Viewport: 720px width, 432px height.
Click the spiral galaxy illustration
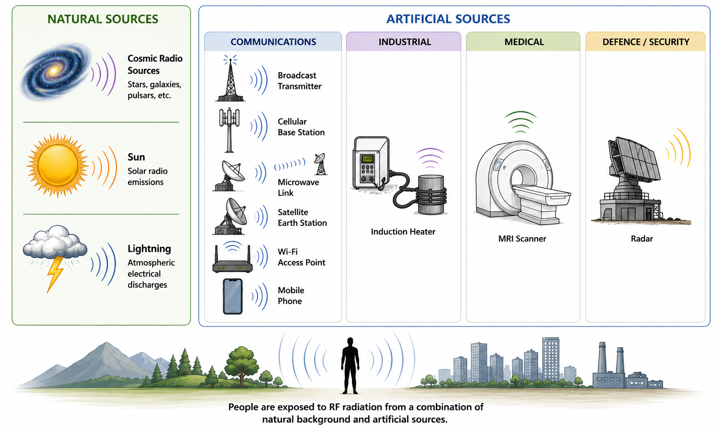55,71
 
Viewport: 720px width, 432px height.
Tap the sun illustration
58,165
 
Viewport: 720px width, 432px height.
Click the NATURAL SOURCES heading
103,19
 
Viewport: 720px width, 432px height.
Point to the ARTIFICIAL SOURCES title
448,19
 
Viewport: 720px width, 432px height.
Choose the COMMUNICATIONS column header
273,42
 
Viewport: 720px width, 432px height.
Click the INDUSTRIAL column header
405,42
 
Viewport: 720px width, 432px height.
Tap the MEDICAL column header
524,42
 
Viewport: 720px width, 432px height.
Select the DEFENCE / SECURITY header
646,42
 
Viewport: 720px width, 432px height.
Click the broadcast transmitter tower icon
231,79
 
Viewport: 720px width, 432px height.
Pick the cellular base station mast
229,130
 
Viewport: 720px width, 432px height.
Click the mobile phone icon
232,296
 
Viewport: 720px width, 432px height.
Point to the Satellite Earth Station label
302,217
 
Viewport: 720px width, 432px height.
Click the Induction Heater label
403,231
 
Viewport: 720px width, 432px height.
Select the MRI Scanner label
522,238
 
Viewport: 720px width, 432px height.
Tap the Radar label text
642,238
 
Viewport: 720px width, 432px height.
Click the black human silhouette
350,366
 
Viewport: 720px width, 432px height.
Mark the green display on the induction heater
367,159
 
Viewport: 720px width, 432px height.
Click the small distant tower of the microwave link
320,164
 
